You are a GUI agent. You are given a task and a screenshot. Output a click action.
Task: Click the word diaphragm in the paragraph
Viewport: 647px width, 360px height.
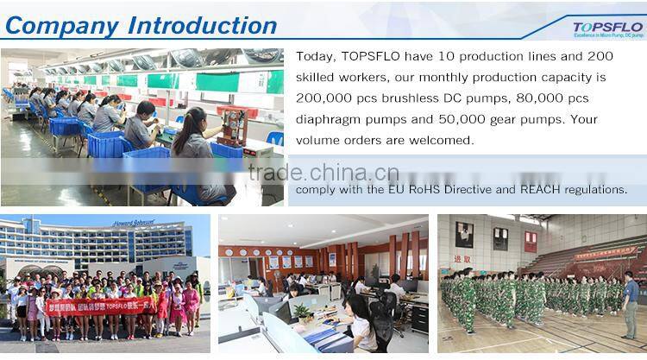pos(330,118)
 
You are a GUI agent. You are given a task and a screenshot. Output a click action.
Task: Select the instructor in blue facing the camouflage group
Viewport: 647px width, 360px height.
pos(631,302)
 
